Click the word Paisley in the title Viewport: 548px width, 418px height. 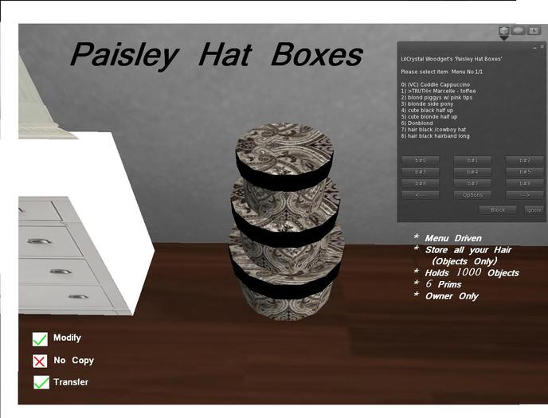tap(119, 55)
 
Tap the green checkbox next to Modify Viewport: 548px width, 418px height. tap(41, 339)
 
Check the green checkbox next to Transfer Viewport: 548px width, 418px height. tap(41, 382)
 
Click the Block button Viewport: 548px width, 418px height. tap(497, 210)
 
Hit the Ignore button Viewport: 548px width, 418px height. tap(534, 210)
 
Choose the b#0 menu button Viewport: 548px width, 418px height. tap(421, 161)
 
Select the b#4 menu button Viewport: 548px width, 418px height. tap(472, 172)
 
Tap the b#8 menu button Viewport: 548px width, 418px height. tap(524, 183)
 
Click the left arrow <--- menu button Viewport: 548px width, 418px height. tap(421, 194)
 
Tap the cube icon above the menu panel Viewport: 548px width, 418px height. tap(503, 31)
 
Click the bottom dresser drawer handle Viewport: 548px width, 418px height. tap(78, 296)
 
